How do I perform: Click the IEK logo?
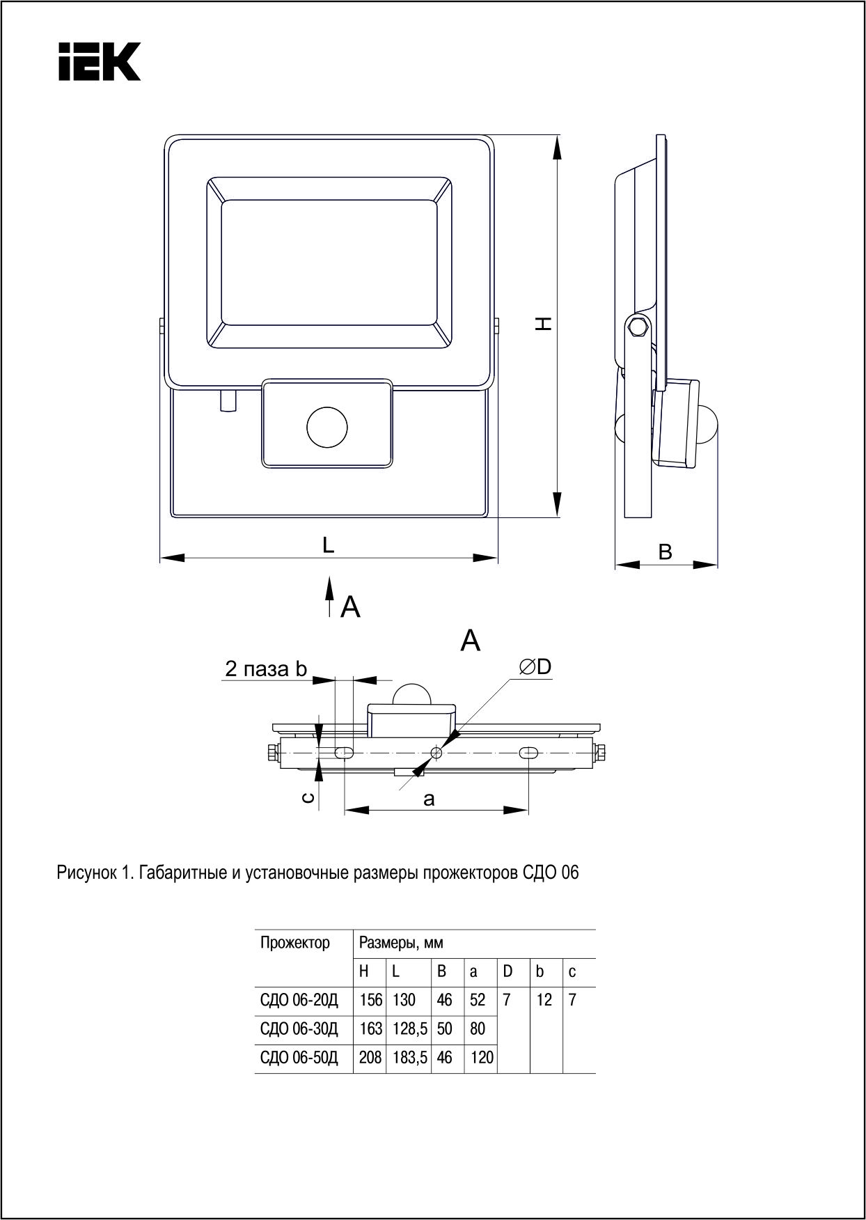coord(99,61)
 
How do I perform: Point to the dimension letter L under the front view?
coord(328,545)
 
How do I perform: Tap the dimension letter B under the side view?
coord(666,552)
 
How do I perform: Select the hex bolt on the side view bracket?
coord(636,327)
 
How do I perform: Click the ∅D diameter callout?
coord(535,666)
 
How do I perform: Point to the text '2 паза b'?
coord(266,669)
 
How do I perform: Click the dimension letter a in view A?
coord(429,799)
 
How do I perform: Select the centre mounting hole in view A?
coord(436,753)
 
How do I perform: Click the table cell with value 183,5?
coord(409,1058)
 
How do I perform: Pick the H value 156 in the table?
coord(370,1000)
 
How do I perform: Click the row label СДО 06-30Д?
coord(299,1029)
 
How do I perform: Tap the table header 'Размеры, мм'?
coord(401,943)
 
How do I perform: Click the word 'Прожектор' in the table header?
coord(295,943)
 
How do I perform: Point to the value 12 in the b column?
coord(544,1000)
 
